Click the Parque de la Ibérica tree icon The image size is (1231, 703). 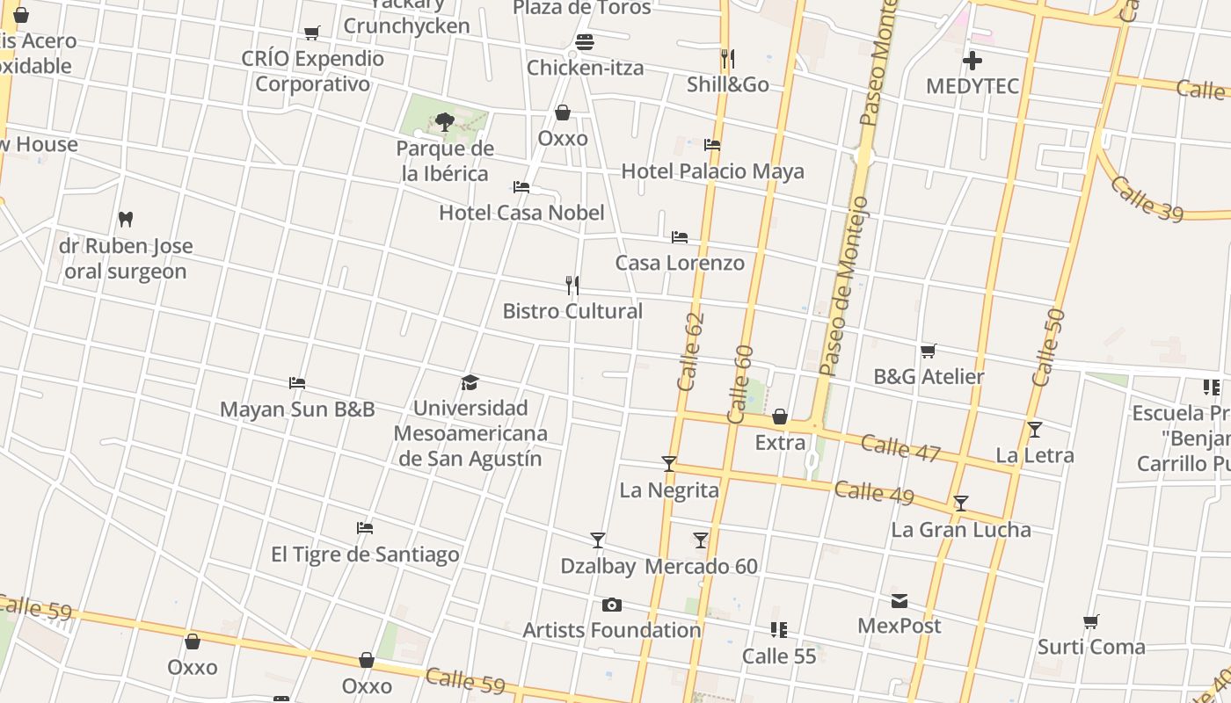pyautogui.click(x=445, y=122)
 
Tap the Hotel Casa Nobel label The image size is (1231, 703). pyautogui.click(x=521, y=213)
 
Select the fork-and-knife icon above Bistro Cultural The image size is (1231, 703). pyautogui.click(x=572, y=286)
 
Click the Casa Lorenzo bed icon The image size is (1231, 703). pyautogui.click(x=680, y=237)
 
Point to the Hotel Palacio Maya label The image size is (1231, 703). pyautogui.click(x=712, y=170)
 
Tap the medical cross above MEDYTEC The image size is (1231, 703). pyautogui.click(x=972, y=61)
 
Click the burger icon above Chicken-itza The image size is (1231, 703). pyautogui.click(x=585, y=42)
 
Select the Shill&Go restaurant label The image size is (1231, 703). pyautogui.click(x=728, y=84)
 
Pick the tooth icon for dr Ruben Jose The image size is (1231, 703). pyautogui.click(x=126, y=219)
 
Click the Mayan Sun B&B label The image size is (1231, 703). pyautogui.click(x=297, y=409)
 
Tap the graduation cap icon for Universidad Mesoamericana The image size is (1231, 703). pyautogui.click(x=470, y=383)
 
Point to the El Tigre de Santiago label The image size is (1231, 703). pyautogui.click(x=365, y=554)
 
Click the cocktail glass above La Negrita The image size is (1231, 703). pyautogui.click(x=669, y=464)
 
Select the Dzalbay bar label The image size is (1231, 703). pyautogui.click(x=598, y=567)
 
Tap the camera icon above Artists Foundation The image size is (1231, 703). pyautogui.click(x=612, y=605)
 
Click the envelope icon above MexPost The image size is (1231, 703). pyautogui.click(x=900, y=601)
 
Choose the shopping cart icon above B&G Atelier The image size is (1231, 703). pyautogui.click(x=929, y=351)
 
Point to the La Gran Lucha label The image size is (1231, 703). pyautogui.click(x=961, y=529)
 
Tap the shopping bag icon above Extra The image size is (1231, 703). pyautogui.click(x=780, y=417)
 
